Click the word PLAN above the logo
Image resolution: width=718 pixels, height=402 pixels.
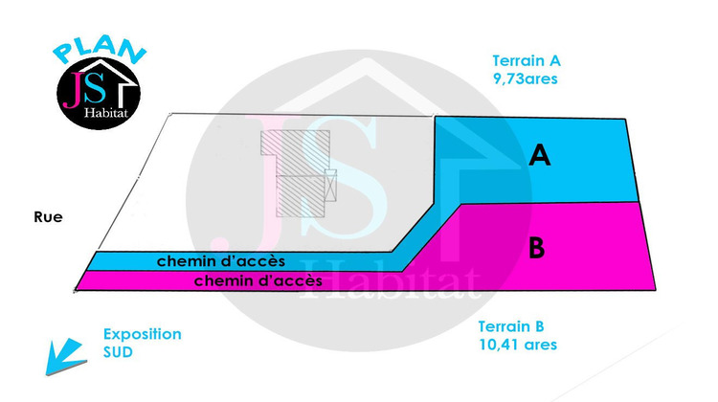pos(100,49)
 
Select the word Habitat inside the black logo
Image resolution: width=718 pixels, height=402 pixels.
pos(105,113)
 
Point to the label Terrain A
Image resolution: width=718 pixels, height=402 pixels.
pos(527,61)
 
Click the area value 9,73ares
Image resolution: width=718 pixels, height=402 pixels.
pos(526,78)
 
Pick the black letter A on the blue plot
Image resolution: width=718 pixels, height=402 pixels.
pos(539,155)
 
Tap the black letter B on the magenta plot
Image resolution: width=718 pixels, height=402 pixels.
pos(536,248)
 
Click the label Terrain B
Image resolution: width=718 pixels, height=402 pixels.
pos(511,326)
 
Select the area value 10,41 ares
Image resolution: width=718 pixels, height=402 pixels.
pos(518,345)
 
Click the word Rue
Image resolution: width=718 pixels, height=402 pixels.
pos(48,217)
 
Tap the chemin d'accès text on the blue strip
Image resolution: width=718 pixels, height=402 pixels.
pos(221,261)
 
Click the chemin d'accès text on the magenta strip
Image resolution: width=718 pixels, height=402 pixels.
pos(258,280)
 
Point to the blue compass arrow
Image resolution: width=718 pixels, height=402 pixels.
pos(66,356)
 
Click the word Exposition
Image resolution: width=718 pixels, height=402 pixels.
pos(143,334)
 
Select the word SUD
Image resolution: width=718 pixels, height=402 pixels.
pos(118,352)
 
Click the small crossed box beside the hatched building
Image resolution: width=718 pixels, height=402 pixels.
pos(330,186)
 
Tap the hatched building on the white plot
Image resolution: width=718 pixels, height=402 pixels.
pos(297,173)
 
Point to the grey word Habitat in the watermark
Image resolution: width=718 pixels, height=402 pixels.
pos(390,280)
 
